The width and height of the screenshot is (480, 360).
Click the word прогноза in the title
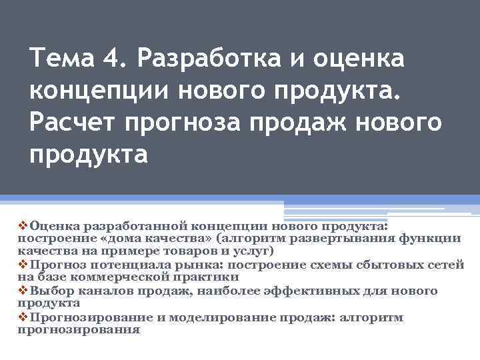tap(179, 123)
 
